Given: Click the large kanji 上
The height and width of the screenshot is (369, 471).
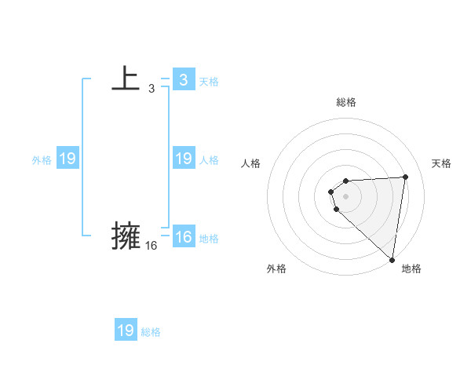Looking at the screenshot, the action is [x=126, y=79].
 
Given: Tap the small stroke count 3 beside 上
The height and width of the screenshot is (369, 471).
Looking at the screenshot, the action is [x=152, y=89].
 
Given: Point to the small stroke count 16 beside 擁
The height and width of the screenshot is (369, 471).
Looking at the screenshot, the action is [x=152, y=246].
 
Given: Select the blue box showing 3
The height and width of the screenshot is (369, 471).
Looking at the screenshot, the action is [x=183, y=79].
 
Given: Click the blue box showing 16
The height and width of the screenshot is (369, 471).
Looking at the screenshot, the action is [x=183, y=237].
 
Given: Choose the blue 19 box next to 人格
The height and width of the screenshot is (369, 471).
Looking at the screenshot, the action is [x=183, y=159].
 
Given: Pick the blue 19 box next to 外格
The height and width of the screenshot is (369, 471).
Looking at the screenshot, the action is [x=67, y=159].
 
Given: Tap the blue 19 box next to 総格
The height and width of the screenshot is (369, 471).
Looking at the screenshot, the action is [x=126, y=331].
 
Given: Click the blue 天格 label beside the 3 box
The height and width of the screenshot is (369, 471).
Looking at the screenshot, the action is [x=209, y=81].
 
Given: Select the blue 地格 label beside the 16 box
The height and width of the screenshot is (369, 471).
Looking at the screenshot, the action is [x=209, y=239].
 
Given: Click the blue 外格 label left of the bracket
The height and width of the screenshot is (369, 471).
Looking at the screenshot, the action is [x=42, y=160].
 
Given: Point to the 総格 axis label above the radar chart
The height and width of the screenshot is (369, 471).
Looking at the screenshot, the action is [x=346, y=103].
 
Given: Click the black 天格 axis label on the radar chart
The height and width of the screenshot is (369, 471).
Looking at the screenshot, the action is [x=441, y=163].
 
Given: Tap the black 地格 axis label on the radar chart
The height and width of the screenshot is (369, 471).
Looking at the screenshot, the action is [x=411, y=269].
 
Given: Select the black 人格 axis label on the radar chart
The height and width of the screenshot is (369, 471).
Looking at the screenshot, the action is [x=250, y=163].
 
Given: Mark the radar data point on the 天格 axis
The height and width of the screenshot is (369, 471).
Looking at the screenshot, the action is [x=406, y=177].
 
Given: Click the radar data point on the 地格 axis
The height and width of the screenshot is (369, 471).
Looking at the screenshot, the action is [x=392, y=260].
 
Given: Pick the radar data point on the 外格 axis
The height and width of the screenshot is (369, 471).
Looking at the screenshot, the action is [x=337, y=209].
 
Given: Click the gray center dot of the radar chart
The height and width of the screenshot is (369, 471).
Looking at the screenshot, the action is [x=346, y=195].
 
